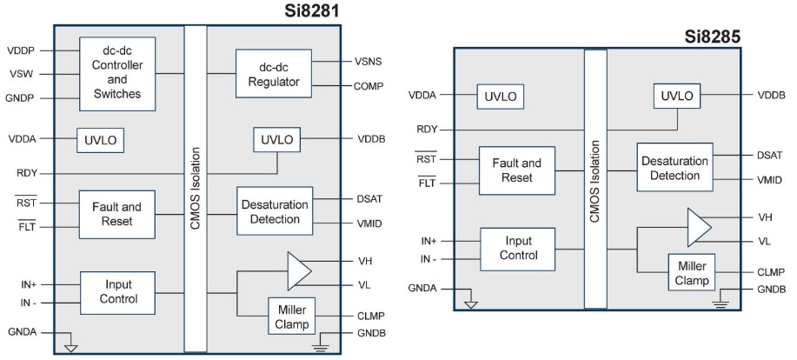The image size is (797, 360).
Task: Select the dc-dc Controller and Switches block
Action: pyautogui.click(x=117, y=74)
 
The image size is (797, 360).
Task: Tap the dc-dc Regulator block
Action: pyautogui.click(x=274, y=74)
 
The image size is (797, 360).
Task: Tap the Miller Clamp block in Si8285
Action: pyautogui.click(x=691, y=271)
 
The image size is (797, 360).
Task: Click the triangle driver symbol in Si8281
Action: pyautogui.click(x=298, y=271)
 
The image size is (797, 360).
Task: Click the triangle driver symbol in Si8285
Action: pyautogui.click(x=698, y=227)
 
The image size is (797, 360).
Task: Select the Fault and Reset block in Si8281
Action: pyautogui.click(x=116, y=214)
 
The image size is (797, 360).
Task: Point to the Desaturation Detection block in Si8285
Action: pyautogui.click(x=674, y=167)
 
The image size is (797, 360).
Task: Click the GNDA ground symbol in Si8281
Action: pyautogui.click(x=71, y=347)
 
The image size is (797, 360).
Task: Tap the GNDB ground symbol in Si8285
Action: pyautogui.click(x=720, y=303)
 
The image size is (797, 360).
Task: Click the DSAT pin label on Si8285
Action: pyautogui.click(x=770, y=155)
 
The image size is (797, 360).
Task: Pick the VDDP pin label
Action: pyautogui.click(x=22, y=50)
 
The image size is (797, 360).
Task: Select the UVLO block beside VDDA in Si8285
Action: pyautogui.click(x=500, y=97)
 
